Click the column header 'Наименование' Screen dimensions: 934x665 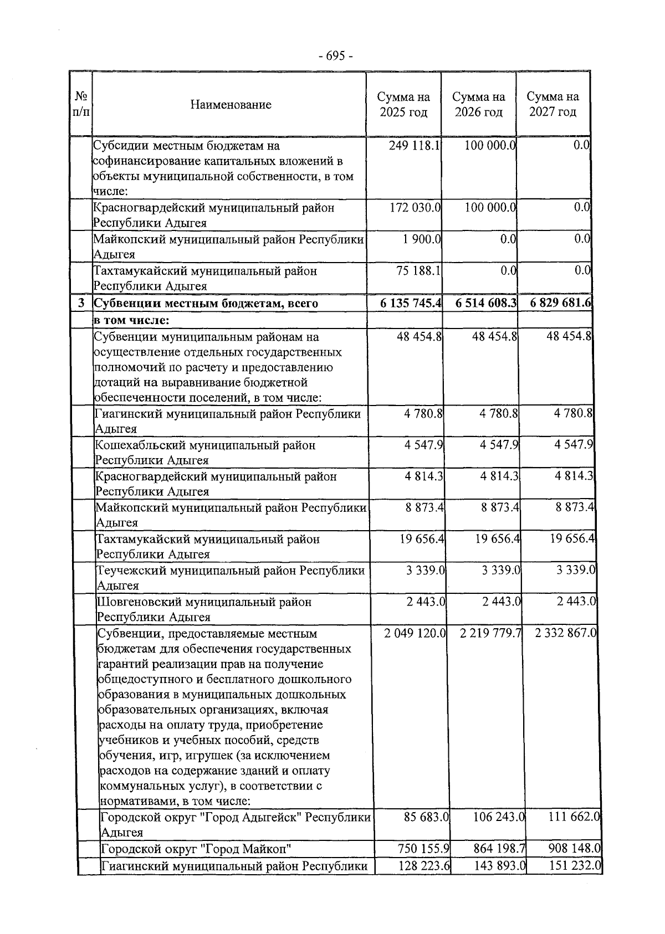pyautogui.click(x=231, y=104)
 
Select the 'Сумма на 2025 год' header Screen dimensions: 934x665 pyautogui.click(x=403, y=104)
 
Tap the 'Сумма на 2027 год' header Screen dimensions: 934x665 pyautogui.click(x=553, y=104)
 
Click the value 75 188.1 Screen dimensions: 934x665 pyautogui.click(x=416, y=271)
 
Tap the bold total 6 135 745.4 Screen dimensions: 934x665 pyautogui.click(x=411, y=303)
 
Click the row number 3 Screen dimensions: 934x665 pyautogui.click(x=81, y=303)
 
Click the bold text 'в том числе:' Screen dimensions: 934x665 pyautogui.click(x=131, y=320)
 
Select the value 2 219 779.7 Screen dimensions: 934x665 pyautogui.click(x=491, y=633)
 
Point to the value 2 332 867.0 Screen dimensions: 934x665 pyautogui.click(x=566, y=633)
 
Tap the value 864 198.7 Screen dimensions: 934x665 pyautogui.click(x=497, y=849)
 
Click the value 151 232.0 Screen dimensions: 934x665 pyautogui.click(x=574, y=866)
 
